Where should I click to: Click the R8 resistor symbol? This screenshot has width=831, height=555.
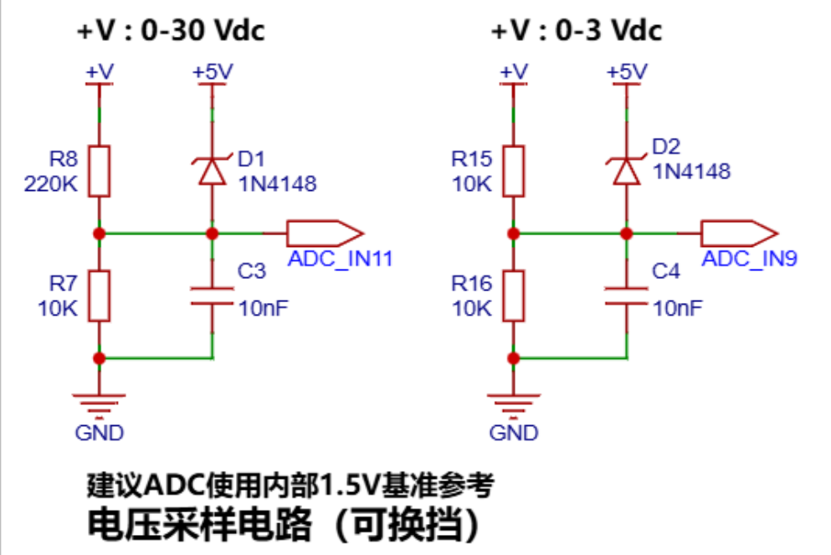[x=99, y=172]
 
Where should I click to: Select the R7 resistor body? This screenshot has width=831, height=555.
[x=99, y=295]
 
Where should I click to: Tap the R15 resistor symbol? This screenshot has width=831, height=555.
[x=514, y=172]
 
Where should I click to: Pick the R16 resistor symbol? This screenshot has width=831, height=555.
[x=514, y=295]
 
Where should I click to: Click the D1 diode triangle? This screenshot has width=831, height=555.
[x=212, y=172]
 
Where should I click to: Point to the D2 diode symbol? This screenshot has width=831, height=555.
[x=627, y=172]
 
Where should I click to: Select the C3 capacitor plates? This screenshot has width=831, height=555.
[x=212, y=296]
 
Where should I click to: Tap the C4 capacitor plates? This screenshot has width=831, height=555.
[x=627, y=296]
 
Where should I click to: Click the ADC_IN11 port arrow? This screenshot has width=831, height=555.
[x=325, y=234]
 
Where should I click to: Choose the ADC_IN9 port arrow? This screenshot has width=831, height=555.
[x=739, y=234]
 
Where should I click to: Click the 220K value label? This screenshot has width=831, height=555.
[x=51, y=184]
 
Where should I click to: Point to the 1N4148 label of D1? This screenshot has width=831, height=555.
[x=278, y=184]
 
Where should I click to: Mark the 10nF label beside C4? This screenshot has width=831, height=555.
[x=678, y=308]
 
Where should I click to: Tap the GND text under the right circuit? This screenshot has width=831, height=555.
[x=514, y=433]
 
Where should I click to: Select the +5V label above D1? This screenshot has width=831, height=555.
[x=213, y=71]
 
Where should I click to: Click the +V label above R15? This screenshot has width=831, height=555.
[x=514, y=71]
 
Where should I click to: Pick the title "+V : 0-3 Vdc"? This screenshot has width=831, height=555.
[x=577, y=29]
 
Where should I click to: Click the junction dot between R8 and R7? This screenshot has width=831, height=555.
[x=99, y=234]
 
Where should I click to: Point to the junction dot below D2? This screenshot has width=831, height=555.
[x=627, y=234]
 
